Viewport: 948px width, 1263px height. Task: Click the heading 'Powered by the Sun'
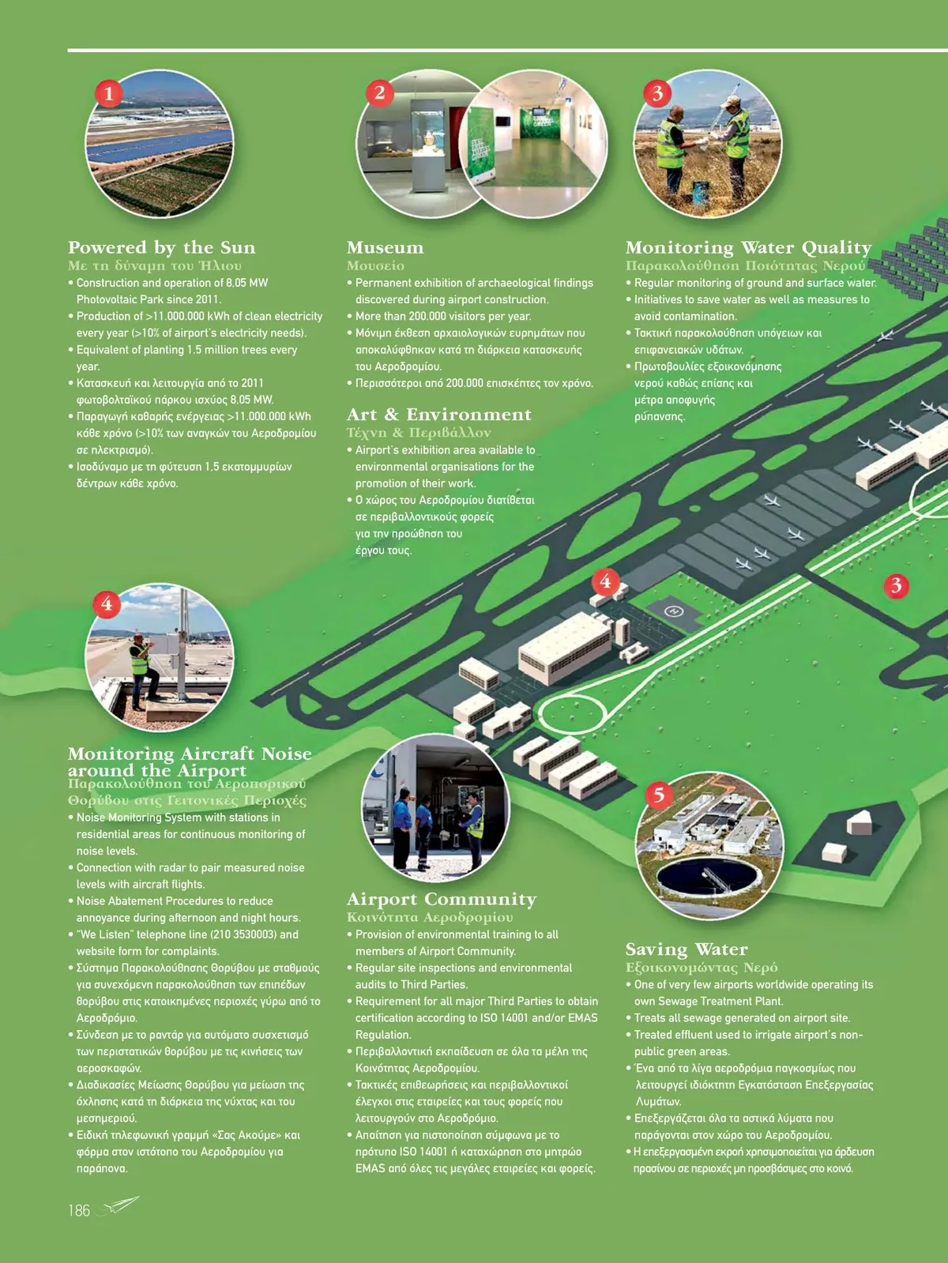162,248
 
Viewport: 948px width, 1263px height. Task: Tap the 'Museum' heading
385,248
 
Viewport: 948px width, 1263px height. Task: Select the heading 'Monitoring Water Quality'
748,248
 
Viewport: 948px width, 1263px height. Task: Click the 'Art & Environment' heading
439,415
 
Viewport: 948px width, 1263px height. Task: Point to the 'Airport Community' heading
441,899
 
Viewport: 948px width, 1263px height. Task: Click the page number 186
79,1211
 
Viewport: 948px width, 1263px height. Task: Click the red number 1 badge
109,93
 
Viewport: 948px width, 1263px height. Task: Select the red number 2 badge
379,92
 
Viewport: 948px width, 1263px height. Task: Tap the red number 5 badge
659,795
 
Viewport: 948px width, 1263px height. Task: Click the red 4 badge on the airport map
605,581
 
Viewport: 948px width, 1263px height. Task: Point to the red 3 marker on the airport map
896,586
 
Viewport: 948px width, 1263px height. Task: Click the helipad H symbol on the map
673,611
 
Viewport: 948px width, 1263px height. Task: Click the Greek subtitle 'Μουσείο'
375,266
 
